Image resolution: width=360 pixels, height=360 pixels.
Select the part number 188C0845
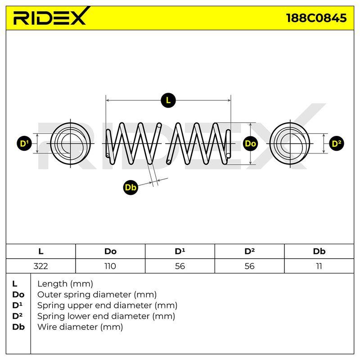click(x=316, y=18)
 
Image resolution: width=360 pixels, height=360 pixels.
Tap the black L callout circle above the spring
click(x=168, y=100)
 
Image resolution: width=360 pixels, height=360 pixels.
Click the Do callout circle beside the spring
click(x=250, y=144)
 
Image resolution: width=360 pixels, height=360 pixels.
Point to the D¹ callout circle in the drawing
click(x=24, y=144)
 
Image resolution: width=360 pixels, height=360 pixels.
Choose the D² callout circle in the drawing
click(x=337, y=144)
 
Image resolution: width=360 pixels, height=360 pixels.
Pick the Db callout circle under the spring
click(x=130, y=188)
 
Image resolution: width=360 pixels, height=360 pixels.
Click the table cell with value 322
click(x=40, y=266)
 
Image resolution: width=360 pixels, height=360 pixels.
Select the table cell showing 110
click(x=110, y=266)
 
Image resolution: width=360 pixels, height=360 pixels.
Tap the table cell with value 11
click(x=319, y=266)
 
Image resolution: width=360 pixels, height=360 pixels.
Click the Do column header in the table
click(x=110, y=252)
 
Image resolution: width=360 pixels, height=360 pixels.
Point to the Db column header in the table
click(x=319, y=252)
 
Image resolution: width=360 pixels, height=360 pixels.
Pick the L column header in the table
click(x=40, y=252)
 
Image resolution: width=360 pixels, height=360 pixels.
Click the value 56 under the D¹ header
click(x=180, y=266)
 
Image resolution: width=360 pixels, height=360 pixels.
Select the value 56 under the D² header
click(x=249, y=266)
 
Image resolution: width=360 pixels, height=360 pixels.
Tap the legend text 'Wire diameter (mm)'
click(x=80, y=327)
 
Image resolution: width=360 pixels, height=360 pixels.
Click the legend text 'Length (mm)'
click(x=65, y=284)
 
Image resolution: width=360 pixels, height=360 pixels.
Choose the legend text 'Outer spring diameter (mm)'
click(x=97, y=295)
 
